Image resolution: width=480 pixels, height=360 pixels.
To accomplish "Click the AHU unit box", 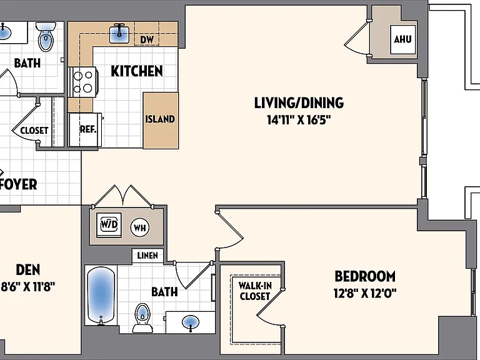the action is coord(403,39).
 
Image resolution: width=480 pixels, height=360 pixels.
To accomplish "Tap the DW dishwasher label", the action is coord(147,39).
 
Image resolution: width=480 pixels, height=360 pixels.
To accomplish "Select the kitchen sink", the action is coord(119,33).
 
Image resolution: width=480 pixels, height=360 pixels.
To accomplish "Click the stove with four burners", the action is coord(83,82).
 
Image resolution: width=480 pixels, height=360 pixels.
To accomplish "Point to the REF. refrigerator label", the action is coord(88,129).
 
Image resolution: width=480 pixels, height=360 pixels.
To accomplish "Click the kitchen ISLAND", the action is coord(161,121).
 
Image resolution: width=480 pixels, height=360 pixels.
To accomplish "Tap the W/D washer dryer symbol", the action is coord(109,225).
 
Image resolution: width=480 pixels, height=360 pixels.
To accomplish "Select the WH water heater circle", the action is coord(140,227).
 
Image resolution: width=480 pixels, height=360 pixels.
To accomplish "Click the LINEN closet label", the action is coord(147,255).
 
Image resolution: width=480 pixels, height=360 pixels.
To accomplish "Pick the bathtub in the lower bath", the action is coord(101,295).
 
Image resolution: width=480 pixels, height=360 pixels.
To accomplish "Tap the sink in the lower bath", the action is coord(191,322).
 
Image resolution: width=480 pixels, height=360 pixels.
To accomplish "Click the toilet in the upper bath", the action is coord(46,36).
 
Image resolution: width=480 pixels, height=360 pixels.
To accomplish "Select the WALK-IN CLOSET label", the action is coord(255,291).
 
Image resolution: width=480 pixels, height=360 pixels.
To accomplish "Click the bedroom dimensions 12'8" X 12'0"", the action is coord(365,294).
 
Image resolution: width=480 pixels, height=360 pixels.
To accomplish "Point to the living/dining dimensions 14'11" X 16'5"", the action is coord(299,120).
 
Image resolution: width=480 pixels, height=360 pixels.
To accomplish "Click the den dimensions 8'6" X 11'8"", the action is coord(28,287).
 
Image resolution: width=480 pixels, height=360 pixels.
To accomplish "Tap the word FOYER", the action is coord(18,184).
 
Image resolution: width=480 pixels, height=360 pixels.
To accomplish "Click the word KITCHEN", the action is coord(137,71).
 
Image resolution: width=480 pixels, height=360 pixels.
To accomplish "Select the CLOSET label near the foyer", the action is coord(34,131).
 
